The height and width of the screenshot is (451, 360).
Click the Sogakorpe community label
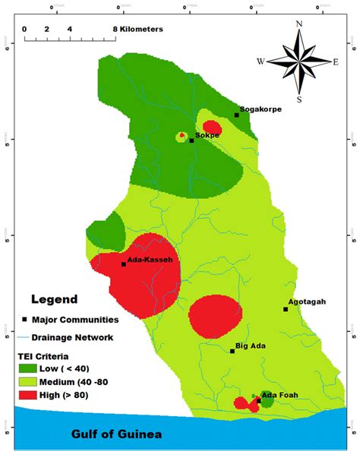pyautogui.click(x=261, y=109)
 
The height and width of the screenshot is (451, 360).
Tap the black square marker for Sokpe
pyautogui.click(x=191, y=140)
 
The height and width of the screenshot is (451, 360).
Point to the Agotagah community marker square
pyautogui.click(x=286, y=309)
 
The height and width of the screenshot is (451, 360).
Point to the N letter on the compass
pyautogui.click(x=299, y=24)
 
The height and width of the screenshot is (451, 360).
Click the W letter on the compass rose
pyautogui.click(x=261, y=61)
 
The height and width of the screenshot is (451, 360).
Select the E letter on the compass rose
pyautogui.click(x=336, y=61)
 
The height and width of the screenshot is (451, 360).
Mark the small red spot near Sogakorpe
pyautogui.click(x=212, y=127)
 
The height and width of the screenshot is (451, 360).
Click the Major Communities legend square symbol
pyautogui.click(x=25, y=320)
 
